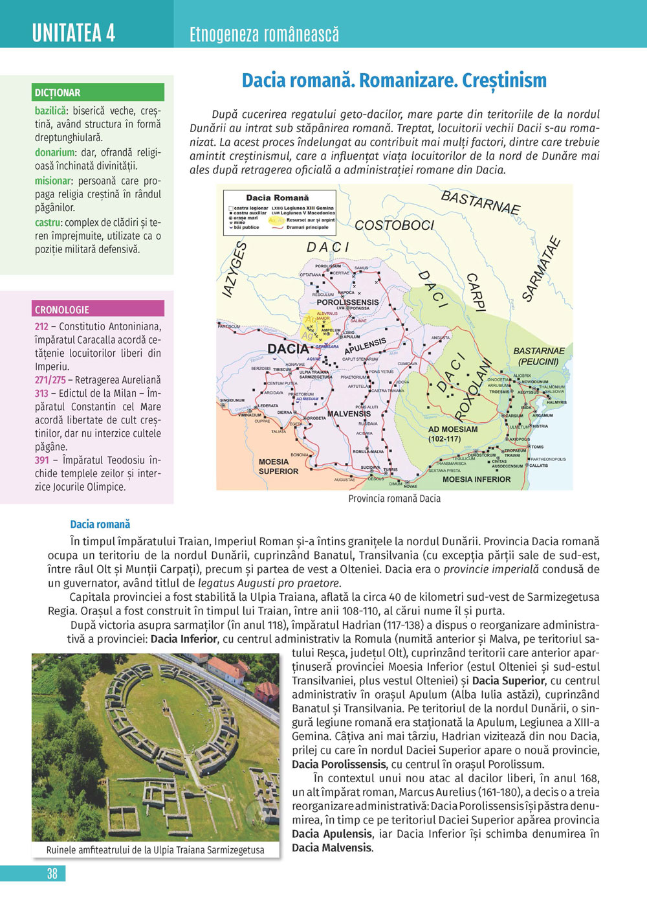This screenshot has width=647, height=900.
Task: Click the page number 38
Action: pyautogui.click(x=52, y=873)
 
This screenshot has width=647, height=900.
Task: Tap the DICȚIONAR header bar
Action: pyautogui.click(x=98, y=93)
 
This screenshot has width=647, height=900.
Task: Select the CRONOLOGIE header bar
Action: pyautogui.click(x=98, y=309)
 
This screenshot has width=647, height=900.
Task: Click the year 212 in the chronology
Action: pyautogui.click(x=41, y=327)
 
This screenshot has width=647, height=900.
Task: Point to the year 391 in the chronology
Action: pyautogui.click(x=41, y=460)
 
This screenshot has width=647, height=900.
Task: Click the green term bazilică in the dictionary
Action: pyautogui.click(x=50, y=111)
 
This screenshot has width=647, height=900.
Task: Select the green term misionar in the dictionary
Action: pyautogui.click(x=52, y=181)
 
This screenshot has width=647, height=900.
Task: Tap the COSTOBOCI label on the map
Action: pyautogui.click(x=394, y=225)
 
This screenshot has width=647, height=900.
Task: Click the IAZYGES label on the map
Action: pyautogui.click(x=235, y=269)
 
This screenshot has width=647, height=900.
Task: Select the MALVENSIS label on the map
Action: pyautogui.click(x=349, y=414)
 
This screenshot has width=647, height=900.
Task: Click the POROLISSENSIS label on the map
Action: pyautogui.click(x=347, y=302)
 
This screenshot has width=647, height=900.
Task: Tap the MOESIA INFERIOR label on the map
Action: pyautogui.click(x=476, y=480)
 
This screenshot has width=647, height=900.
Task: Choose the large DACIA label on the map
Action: pyautogui.click(x=288, y=349)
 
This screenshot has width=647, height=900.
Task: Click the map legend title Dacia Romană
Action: pyautogui.click(x=277, y=197)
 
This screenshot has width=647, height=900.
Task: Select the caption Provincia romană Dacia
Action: pyautogui.click(x=394, y=499)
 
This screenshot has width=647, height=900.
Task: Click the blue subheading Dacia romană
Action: pyautogui.click(x=100, y=524)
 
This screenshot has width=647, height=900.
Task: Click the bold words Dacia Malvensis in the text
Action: pyautogui.click(x=332, y=848)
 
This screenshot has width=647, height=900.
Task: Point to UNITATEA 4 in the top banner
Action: pyautogui.click(x=74, y=32)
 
